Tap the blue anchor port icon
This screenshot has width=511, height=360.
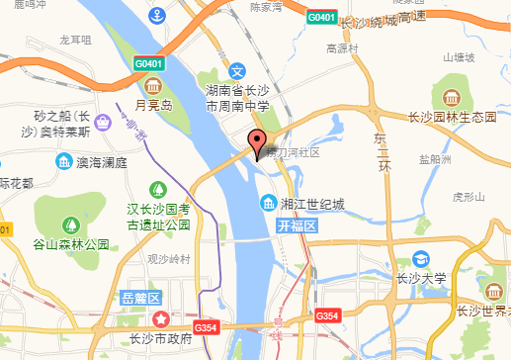(156, 16)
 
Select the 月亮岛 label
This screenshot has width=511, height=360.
(154, 104)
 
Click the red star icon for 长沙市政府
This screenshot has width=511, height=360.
(160, 319)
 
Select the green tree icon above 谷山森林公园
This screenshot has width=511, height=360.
(69, 225)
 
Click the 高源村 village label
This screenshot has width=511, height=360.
(339, 48)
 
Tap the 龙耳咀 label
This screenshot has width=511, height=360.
(75, 40)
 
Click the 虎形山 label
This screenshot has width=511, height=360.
(463, 195)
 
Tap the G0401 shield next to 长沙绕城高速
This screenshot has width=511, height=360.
(320, 18)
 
